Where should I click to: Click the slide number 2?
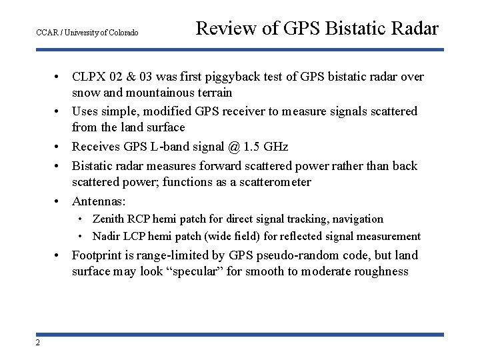pyautogui.click(x=37, y=343)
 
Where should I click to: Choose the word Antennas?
pyautogui.click(x=99, y=201)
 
